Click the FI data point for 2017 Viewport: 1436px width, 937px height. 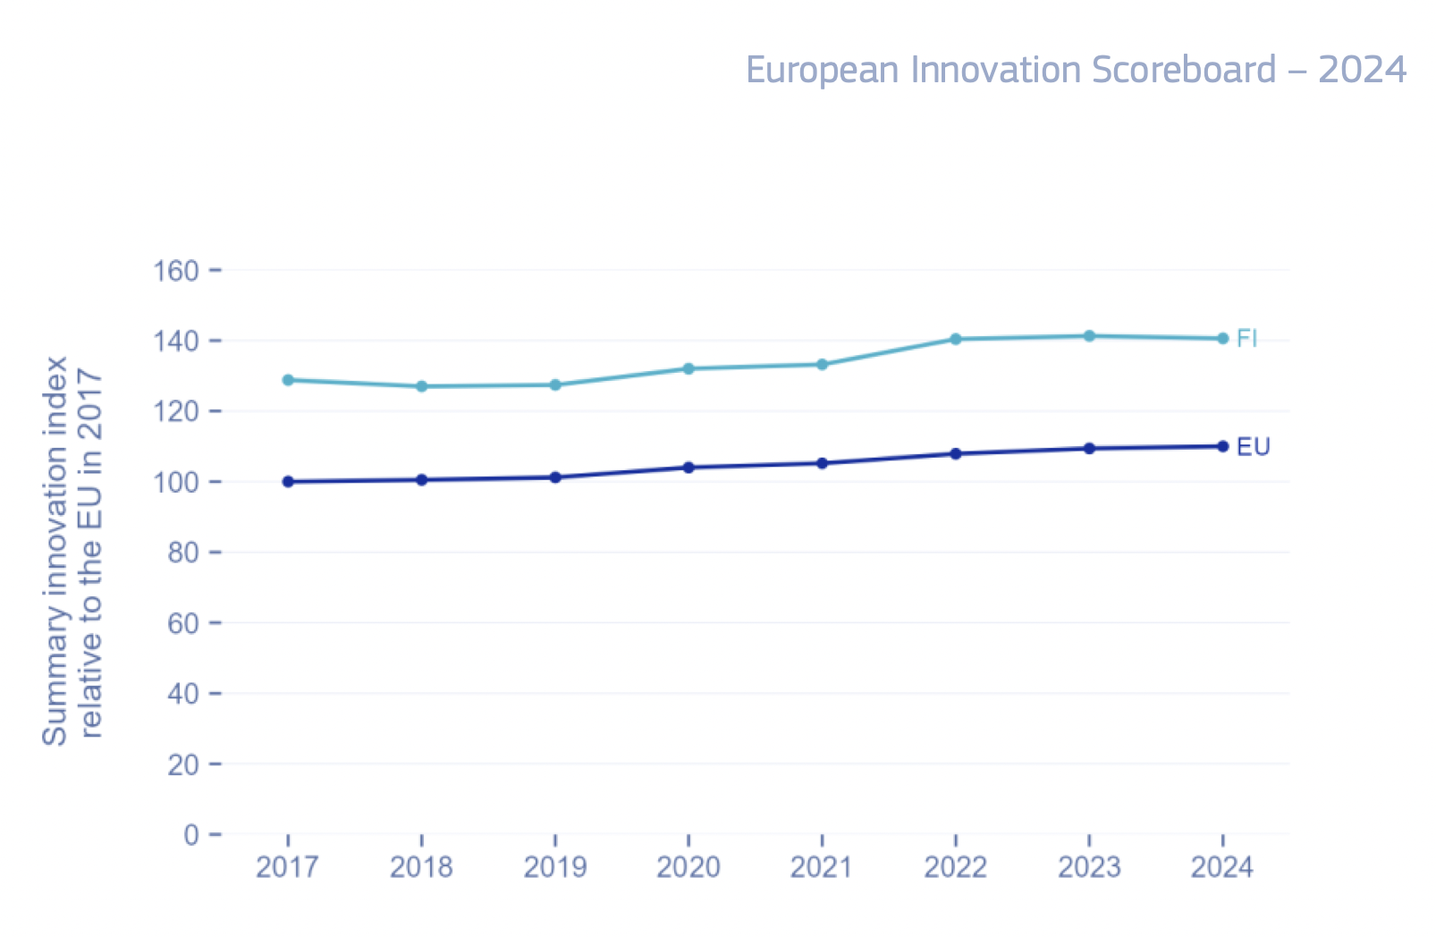pos(288,380)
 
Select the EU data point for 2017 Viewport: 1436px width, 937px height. pos(288,482)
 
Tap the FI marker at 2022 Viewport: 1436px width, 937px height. pos(956,339)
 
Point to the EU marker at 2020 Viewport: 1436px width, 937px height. pos(688,468)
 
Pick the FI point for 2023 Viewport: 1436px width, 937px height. pos(1089,336)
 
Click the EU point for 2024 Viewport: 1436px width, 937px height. pos(1223,446)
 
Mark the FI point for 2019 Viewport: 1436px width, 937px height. pos(555,385)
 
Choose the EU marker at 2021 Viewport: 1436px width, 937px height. pos(822,463)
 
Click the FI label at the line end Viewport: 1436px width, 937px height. pos(1246,339)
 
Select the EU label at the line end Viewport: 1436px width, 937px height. pos(1253,447)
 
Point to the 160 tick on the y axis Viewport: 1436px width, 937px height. pos(176,270)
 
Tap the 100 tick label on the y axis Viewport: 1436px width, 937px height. pos(176,482)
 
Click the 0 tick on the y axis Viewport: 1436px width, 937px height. pos(191,835)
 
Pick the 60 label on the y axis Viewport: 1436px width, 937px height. pos(183,623)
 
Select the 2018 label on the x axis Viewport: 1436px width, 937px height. pos(421,867)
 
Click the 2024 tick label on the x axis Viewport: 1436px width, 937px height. pos(1222,867)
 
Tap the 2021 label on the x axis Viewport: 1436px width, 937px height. pos(822,867)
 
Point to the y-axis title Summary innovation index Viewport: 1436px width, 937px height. pos(55,551)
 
